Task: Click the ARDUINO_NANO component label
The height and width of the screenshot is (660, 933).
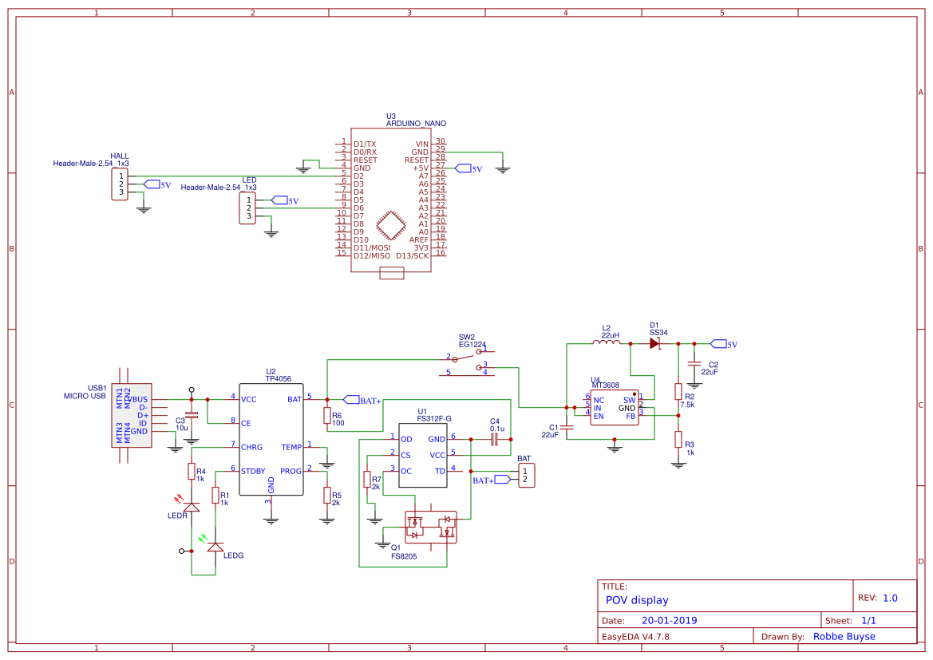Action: click(x=416, y=124)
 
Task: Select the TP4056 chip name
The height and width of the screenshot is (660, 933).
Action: click(x=279, y=379)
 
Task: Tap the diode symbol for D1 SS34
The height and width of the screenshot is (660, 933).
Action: click(x=654, y=343)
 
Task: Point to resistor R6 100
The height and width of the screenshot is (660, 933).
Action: click(x=326, y=416)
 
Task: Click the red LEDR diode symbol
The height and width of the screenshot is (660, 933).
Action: click(x=192, y=507)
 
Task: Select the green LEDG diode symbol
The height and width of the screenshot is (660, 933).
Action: click(x=215, y=547)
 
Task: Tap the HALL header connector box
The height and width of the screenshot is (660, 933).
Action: click(x=120, y=184)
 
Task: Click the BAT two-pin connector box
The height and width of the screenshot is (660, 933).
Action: click(x=525, y=476)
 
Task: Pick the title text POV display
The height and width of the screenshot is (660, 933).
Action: click(x=637, y=600)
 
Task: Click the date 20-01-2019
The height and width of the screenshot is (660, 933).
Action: click(x=669, y=620)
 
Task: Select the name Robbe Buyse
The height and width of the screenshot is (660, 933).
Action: click(x=844, y=637)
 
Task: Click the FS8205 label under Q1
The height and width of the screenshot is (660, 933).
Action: click(x=404, y=556)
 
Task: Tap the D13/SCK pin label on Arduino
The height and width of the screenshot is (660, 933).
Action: click(x=413, y=255)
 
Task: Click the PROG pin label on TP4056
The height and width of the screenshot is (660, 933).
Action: click(x=291, y=471)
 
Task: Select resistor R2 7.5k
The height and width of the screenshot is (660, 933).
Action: click(x=678, y=391)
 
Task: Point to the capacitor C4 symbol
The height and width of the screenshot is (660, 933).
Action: click(x=494, y=438)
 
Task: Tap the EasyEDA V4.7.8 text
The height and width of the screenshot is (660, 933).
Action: click(x=635, y=637)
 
